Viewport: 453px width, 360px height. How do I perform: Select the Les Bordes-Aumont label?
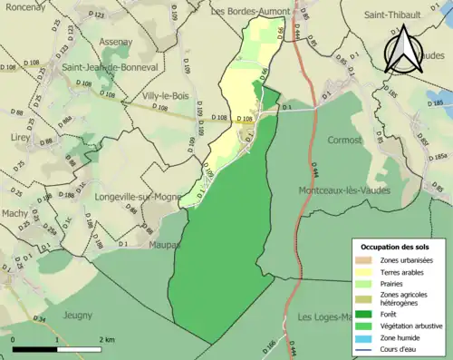coord(249,12)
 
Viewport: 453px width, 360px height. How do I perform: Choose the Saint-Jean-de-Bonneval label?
coord(99,68)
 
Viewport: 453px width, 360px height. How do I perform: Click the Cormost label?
coord(344,141)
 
